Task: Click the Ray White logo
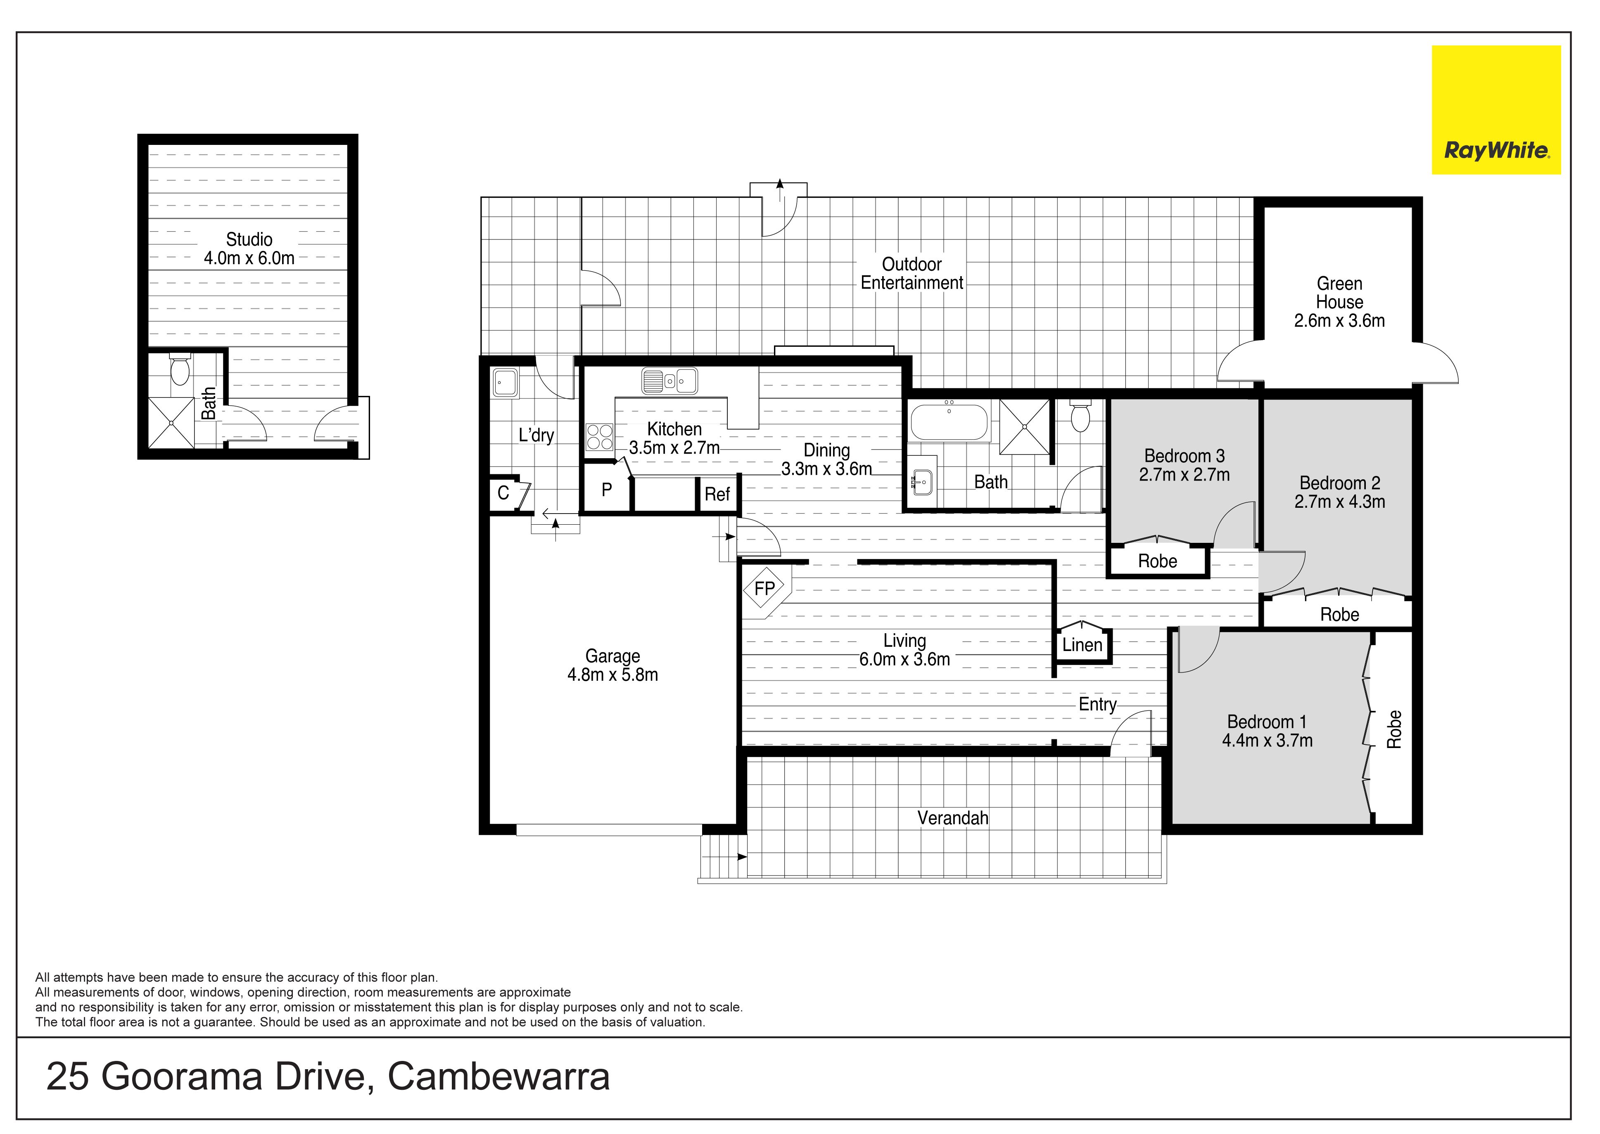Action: [x=1496, y=110]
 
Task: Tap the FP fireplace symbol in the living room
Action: [x=765, y=589]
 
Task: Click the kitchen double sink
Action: [x=669, y=381]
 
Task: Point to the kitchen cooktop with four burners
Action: [x=599, y=437]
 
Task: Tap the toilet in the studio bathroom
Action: [x=180, y=369]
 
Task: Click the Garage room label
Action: [x=613, y=656]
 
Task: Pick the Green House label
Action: [x=1339, y=293]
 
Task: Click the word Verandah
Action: [x=953, y=818]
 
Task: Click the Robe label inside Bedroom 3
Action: [x=1158, y=561]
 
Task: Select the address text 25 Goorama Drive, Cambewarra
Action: [x=328, y=1076]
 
